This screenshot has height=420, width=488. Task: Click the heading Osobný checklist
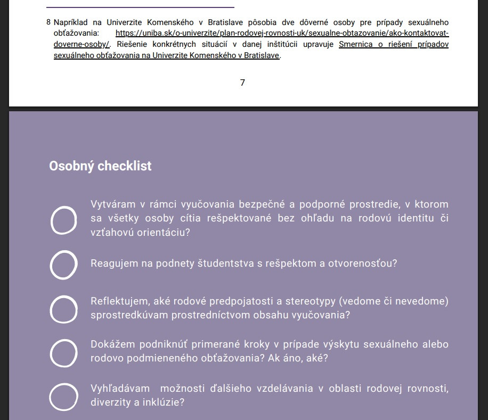pyautogui.click(x=100, y=166)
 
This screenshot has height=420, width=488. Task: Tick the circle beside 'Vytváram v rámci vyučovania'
pyautogui.click(x=63, y=220)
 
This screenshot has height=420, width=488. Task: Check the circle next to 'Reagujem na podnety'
pyautogui.click(x=63, y=265)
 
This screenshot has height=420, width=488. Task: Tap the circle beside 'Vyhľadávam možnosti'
pyautogui.click(x=63, y=397)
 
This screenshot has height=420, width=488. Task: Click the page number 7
pyautogui.click(x=242, y=83)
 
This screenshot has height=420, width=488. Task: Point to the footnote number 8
pyautogui.click(x=48, y=22)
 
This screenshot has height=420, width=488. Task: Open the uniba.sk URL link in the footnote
pyautogui.click(x=282, y=33)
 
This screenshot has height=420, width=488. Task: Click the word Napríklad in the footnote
pyautogui.click(x=72, y=22)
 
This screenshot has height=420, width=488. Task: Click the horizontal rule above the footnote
pyautogui.click(x=140, y=7)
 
